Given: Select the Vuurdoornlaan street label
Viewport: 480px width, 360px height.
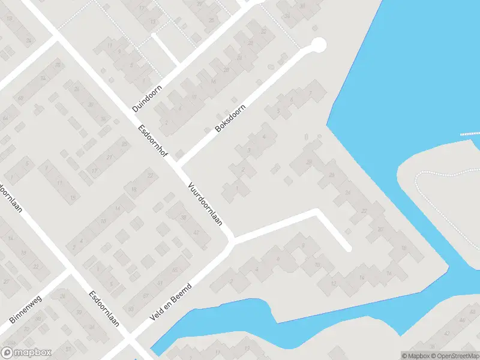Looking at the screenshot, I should [x=205, y=203].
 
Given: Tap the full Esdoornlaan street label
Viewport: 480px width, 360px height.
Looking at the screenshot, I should [x=103, y=308].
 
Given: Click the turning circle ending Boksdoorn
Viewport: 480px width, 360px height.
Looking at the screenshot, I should [x=319, y=44].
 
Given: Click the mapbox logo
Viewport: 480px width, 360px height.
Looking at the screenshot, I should [x=26, y=353].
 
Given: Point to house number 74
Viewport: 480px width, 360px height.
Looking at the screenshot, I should [x=43, y=78].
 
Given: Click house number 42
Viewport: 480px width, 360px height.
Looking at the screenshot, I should [x=196, y=233].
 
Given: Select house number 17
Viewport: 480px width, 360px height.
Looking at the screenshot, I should [x=94, y=171].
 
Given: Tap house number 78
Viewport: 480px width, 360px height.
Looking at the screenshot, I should [x=58, y=64].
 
